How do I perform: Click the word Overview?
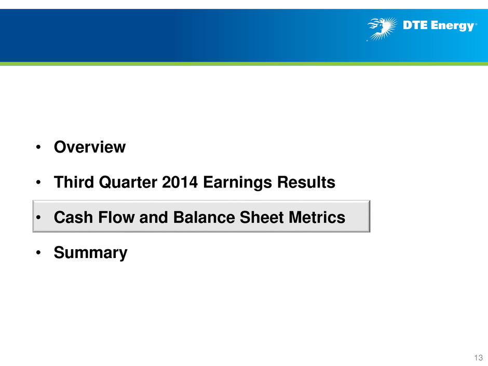point(90,147)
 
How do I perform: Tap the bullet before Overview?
point(38,147)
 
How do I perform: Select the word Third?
point(74,182)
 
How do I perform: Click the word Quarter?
point(128,182)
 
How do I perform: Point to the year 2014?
point(180,182)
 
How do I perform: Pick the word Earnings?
point(237,183)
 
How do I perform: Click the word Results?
point(306,182)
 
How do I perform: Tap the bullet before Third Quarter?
point(38,182)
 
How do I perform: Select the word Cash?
point(73,217)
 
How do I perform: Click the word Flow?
point(116,217)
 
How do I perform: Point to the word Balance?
point(204,217)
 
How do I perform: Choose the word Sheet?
point(262,217)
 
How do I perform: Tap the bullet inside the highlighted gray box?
point(38,218)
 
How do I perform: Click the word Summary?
point(90,253)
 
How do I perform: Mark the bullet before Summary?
point(38,253)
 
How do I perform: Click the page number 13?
point(478,358)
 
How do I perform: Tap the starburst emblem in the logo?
point(383,29)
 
